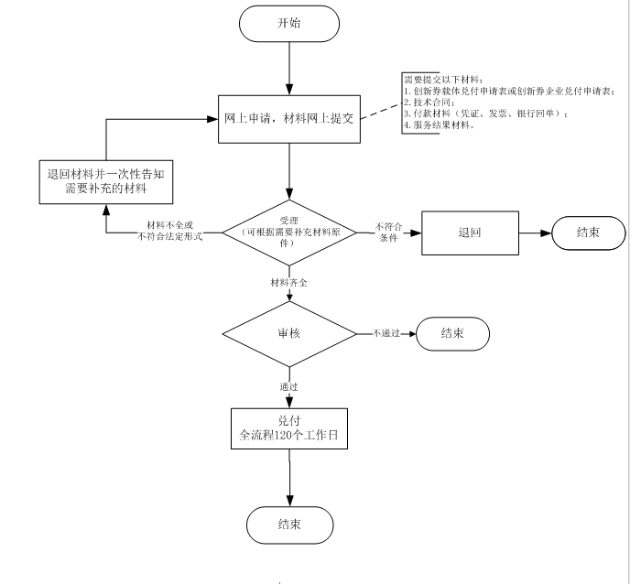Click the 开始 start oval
pyautogui.click(x=288, y=24)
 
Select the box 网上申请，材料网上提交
pyautogui.click(x=288, y=120)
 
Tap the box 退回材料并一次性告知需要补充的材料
pyautogui.click(x=106, y=180)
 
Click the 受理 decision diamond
pyautogui.click(x=288, y=233)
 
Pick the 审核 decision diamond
pyautogui.click(x=288, y=332)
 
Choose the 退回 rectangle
pyautogui.click(x=470, y=233)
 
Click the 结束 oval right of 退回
pyautogui.click(x=588, y=233)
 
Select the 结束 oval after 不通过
pyautogui.click(x=451, y=333)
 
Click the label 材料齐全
pyautogui.click(x=288, y=283)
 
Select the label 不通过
pyautogui.click(x=386, y=333)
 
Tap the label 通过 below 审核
pyautogui.click(x=288, y=386)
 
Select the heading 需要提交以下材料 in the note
pyautogui.click(x=443, y=81)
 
